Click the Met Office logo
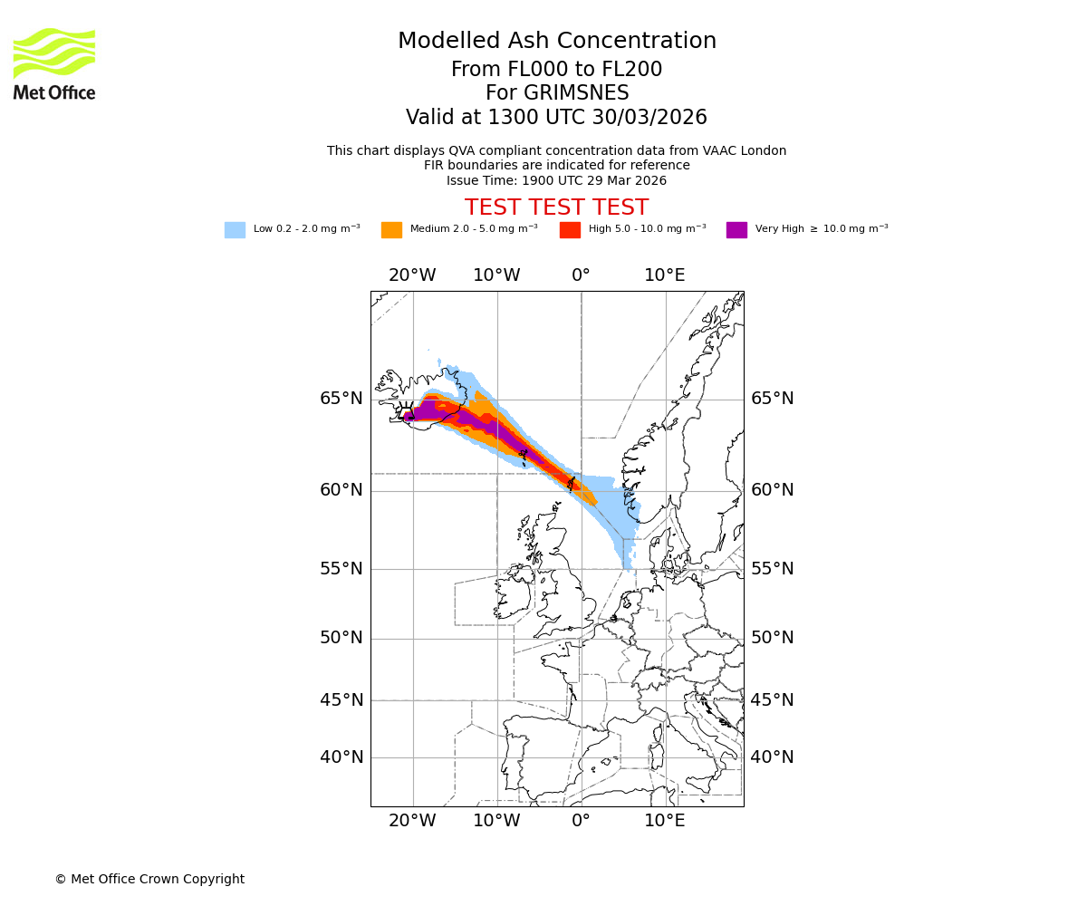click(x=54, y=63)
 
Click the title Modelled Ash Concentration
click(x=556, y=42)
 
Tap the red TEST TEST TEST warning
click(x=556, y=208)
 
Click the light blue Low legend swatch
click(x=235, y=230)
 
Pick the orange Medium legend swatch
click(x=391, y=230)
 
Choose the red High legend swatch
click(x=570, y=230)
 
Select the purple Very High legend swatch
click(x=736, y=230)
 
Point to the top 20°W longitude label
click(x=412, y=275)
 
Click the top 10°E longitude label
click(x=664, y=275)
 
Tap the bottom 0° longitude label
click(x=581, y=821)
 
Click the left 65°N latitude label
click(x=341, y=399)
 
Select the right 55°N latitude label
click(x=772, y=569)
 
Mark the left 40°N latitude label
click(x=341, y=757)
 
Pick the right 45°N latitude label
click(x=772, y=700)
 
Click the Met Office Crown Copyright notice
click(x=149, y=879)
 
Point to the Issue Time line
click(x=556, y=180)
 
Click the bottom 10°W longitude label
click(x=496, y=821)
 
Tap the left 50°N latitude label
click(x=341, y=638)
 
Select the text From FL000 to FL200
click(x=556, y=70)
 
